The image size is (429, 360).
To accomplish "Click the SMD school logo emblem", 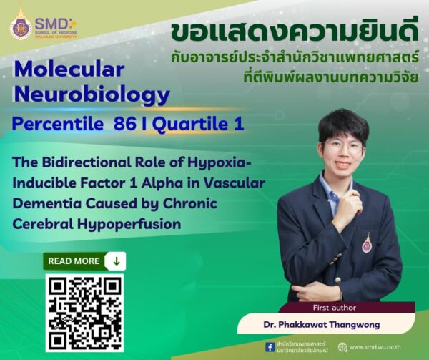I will click(x=21, y=26).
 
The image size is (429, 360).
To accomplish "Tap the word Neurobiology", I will click(x=91, y=94).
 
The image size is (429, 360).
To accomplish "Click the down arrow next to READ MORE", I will click(x=116, y=261).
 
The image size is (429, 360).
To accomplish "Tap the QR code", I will click(x=84, y=312).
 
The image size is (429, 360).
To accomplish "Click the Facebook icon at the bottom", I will click(x=270, y=347).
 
